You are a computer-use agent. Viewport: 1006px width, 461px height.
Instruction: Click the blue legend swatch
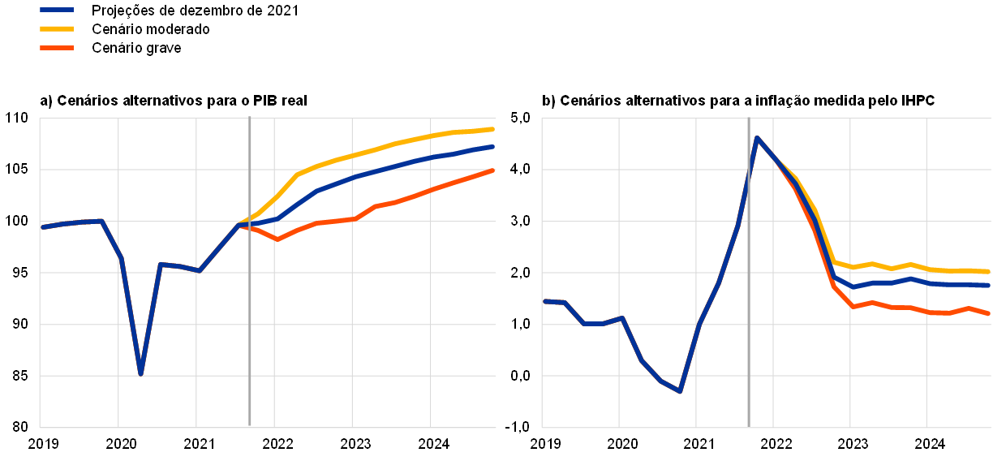57,10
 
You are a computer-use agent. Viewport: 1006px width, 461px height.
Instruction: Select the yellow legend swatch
57,28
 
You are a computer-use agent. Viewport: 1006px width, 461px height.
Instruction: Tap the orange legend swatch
57,48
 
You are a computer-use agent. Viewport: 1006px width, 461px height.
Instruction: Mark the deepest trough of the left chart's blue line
140,373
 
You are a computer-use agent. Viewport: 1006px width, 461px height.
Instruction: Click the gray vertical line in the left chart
250,325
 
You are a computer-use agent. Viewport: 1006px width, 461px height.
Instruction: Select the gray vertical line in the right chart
749,325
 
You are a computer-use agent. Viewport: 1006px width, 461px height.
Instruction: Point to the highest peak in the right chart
757,138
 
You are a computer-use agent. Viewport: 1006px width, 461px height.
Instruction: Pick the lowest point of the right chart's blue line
680,391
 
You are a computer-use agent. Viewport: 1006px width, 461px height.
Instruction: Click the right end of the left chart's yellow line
493,129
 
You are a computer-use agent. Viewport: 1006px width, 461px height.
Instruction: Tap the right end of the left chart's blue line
493,147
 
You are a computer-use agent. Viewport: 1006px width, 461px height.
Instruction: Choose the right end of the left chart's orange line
493,170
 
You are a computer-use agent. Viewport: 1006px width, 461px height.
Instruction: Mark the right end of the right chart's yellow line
989,271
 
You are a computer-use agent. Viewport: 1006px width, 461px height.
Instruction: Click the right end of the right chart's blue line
989,285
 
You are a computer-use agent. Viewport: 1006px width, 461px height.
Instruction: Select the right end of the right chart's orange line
989,313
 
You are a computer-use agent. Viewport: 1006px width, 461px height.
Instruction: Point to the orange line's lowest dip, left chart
277,239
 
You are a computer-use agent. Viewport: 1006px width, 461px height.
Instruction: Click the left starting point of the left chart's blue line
42,227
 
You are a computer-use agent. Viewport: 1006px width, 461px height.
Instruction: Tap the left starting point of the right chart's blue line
544,301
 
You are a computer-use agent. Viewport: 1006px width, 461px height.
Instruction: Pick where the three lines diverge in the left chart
239,224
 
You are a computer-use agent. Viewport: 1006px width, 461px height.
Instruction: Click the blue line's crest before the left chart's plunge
101,221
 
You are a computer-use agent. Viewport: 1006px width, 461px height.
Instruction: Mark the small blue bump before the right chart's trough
621,318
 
